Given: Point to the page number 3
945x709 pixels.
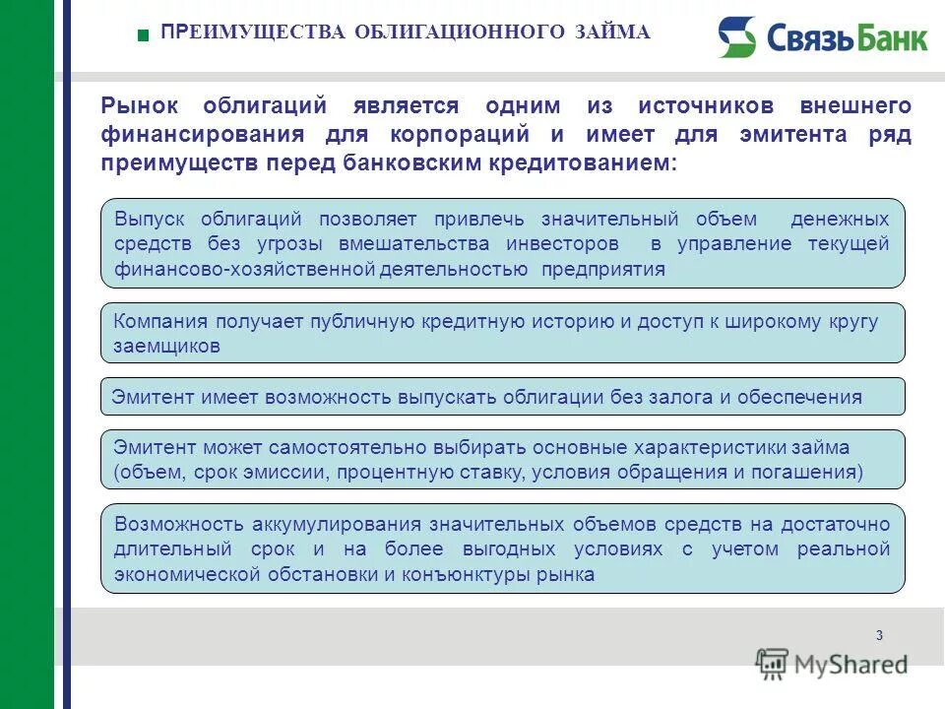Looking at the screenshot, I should pos(878,634).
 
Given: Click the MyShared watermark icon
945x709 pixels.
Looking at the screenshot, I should pos(772,665).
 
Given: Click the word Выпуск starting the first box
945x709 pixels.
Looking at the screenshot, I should pos(152,219).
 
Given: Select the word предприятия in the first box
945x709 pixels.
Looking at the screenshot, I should pos(603,269).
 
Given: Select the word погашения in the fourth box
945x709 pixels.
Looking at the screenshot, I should pos(809,472).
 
